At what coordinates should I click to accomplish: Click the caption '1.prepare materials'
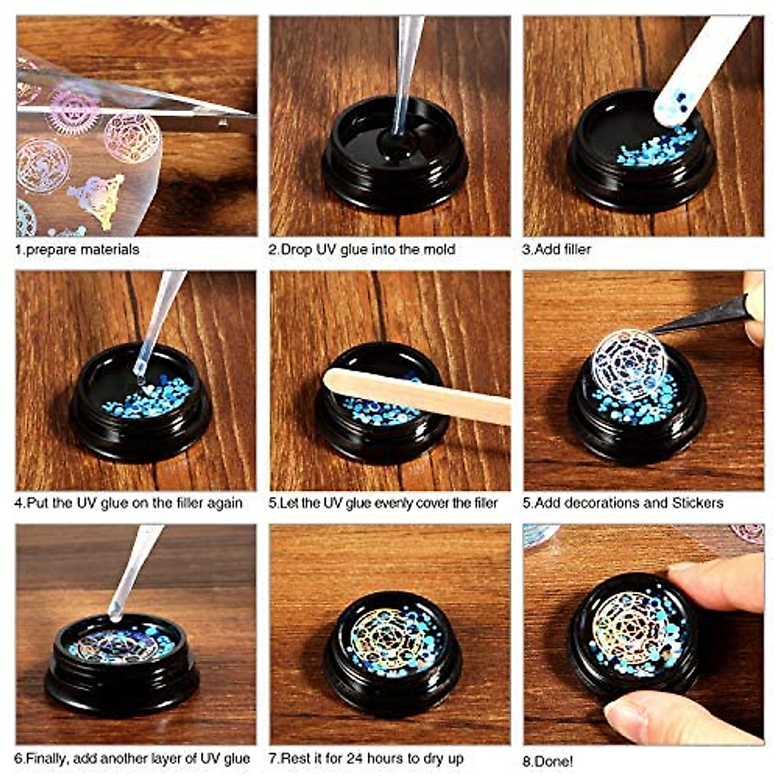tap(77, 249)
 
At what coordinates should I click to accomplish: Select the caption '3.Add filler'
tap(557, 249)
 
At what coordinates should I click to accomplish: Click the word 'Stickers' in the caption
tap(697, 503)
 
